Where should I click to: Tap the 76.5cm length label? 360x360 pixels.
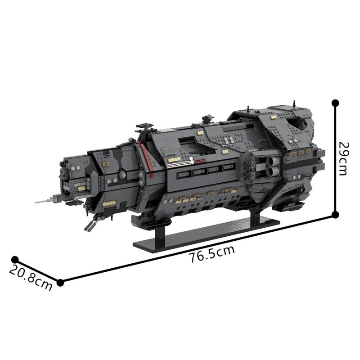[x=212, y=255]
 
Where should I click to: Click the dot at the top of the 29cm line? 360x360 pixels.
[x=335, y=103]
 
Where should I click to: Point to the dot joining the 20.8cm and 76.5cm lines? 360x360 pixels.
[x=61, y=283]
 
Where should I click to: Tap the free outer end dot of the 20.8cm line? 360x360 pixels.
[x=15, y=260]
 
